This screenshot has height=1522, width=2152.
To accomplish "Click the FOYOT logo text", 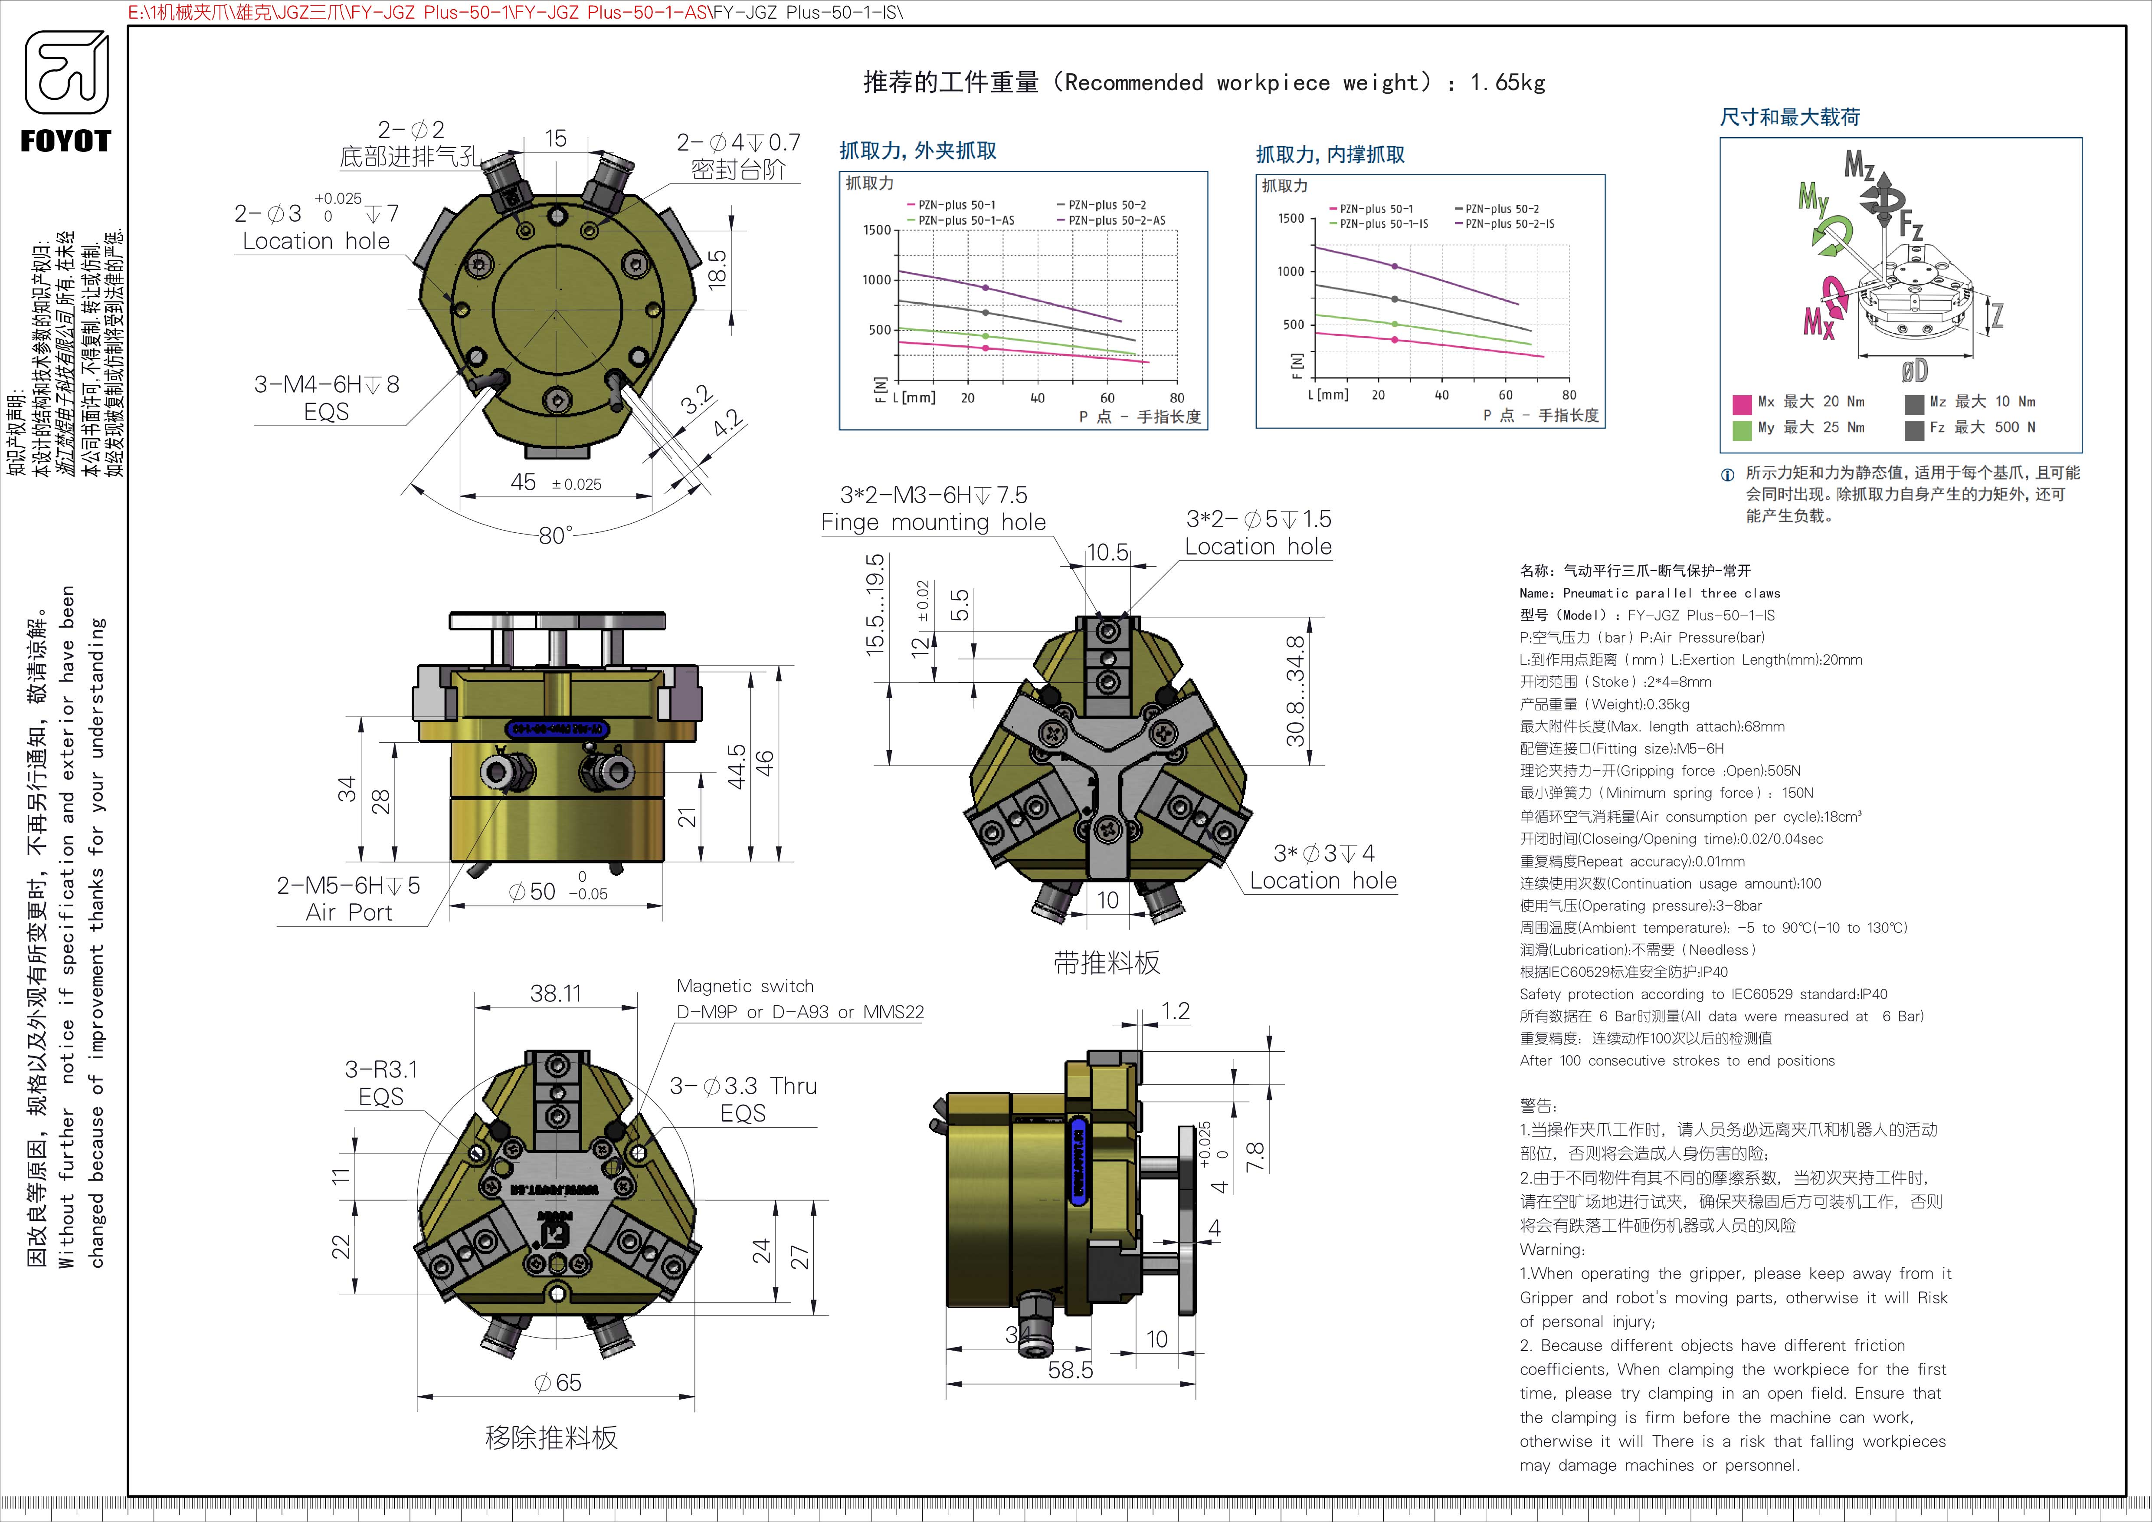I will click(x=66, y=141).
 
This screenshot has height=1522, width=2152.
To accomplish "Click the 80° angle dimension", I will click(x=555, y=535).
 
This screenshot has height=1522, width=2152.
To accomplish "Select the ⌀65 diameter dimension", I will click(x=558, y=1382).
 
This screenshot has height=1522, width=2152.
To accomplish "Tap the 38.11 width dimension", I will click(x=556, y=994).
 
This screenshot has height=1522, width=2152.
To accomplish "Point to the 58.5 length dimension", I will click(x=1071, y=1370).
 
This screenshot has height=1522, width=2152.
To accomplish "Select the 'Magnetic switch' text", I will click(x=745, y=986).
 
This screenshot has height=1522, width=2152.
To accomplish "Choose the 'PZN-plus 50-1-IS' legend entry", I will click(x=1383, y=224).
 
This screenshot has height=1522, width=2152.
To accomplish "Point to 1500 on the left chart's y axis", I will click(x=876, y=230).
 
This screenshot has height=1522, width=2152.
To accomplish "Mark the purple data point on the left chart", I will click(x=985, y=288).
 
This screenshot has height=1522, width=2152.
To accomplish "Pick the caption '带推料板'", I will click(x=1107, y=962).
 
